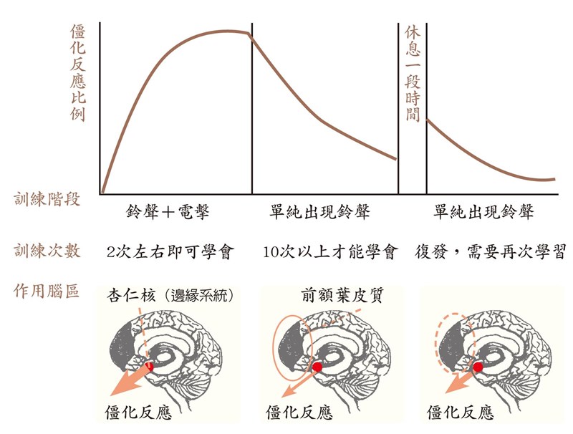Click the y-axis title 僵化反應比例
(x=78, y=73)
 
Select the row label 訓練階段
(x=47, y=200)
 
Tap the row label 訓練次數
(x=47, y=251)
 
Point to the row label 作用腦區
(x=47, y=291)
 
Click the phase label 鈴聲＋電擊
(x=168, y=212)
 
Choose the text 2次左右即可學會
(x=170, y=251)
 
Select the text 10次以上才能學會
(x=330, y=251)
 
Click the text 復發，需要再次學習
(x=490, y=251)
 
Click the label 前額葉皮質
(x=342, y=295)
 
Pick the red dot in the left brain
(x=149, y=367)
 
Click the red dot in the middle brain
(x=317, y=367)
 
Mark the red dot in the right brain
(x=478, y=367)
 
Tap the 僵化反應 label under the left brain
(x=138, y=413)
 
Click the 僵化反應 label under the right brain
(x=460, y=413)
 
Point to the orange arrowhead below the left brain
(x=120, y=387)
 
